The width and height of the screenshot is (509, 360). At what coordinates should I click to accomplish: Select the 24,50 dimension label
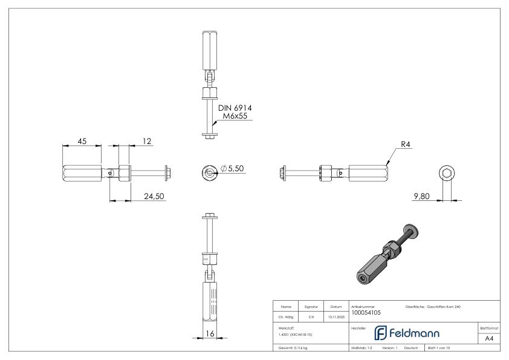coord(154,196)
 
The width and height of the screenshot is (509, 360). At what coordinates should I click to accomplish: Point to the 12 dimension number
coord(146,141)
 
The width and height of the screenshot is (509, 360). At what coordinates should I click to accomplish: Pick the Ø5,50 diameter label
coord(233,169)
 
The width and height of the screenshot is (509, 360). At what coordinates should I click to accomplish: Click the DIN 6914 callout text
coord(235,108)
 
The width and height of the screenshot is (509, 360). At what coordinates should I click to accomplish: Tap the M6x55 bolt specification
coord(235,116)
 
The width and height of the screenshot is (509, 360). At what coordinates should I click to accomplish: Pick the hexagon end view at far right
coord(446,174)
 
